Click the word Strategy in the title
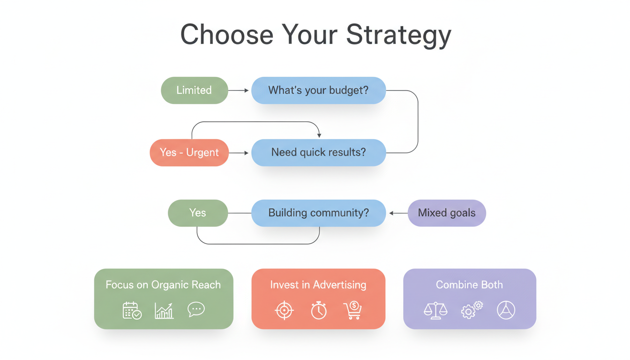coord(398,35)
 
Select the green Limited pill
coord(194,90)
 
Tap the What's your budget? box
coord(318,90)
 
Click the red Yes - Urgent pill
coord(189,152)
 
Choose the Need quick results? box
coord(318,152)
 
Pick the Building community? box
coord(318,213)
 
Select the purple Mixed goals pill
coord(446,213)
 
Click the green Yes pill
coord(197,213)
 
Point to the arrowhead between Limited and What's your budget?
coord(246,90)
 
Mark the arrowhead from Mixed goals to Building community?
coord(392,213)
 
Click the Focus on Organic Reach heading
coord(163,285)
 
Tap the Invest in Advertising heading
coord(318,285)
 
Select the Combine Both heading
coord(469,285)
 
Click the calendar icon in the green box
coord(132,310)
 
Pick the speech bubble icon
coord(196,309)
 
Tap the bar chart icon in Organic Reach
coord(164,310)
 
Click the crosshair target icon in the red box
coord(284,311)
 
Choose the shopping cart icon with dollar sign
coord(352,310)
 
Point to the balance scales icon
coord(435,310)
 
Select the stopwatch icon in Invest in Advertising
coord(319,310)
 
